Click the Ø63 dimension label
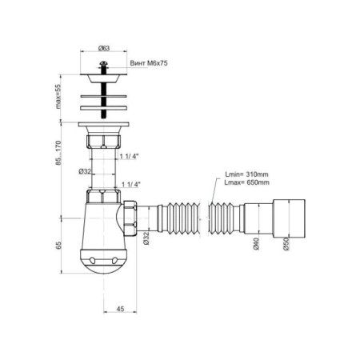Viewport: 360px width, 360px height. [104, 48]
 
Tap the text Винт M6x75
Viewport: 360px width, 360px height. [149, 63]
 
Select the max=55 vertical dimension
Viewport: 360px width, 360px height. [58, 96]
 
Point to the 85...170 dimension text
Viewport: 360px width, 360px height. [58, 153]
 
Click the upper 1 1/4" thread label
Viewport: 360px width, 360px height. [129, 156]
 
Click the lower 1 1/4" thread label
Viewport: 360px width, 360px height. [131, 184]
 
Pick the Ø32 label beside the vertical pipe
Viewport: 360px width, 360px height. [85, 171]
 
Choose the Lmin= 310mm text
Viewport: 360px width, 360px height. [246, 174]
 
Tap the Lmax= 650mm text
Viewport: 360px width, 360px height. [246, 182]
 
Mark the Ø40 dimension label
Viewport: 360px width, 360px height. [256, 244]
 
